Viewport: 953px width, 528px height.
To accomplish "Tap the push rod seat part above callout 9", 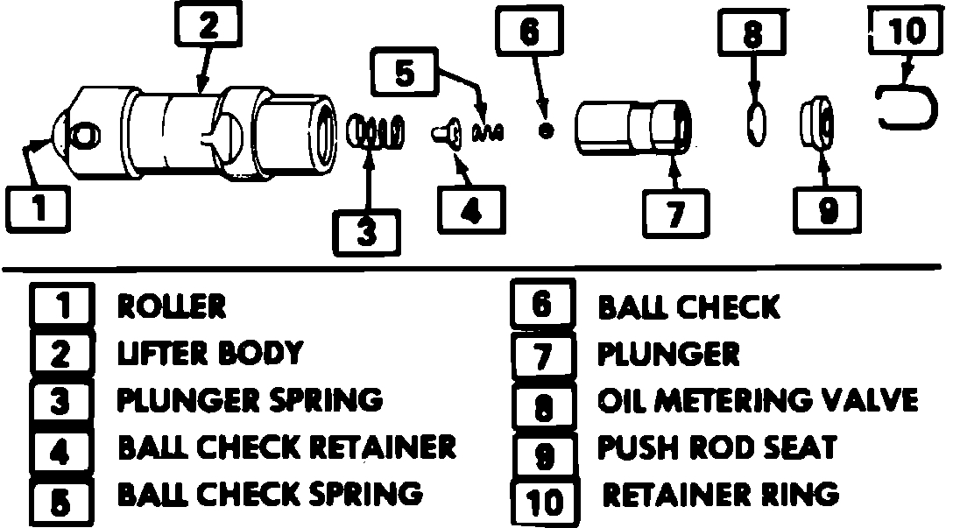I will point(818,124).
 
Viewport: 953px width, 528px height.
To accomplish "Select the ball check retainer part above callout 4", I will point(445,133).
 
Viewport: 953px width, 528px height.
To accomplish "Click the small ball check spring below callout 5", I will point(488,131).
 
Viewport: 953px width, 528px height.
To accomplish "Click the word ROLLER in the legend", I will point(172,306).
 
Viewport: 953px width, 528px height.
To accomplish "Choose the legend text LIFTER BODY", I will point(210,353).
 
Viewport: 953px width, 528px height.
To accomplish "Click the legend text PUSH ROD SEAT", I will point(716,447).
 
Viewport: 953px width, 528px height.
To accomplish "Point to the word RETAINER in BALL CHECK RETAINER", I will point(388,447).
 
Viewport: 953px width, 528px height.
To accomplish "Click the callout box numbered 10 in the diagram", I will point(905,33).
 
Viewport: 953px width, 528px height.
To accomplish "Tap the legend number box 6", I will point(541,305).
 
